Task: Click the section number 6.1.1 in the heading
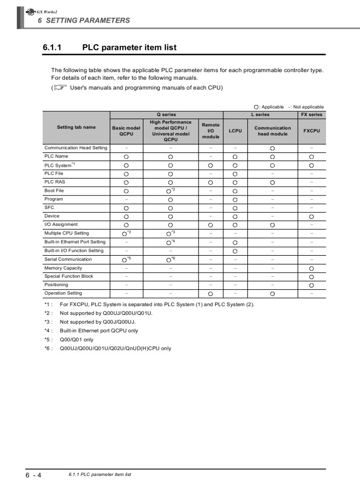pos(52,48)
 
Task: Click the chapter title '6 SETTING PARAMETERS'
pos(84,21)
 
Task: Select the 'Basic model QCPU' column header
pos(126,131)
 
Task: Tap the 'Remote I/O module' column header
pos(211,131)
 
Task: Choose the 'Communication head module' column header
pos(273,131)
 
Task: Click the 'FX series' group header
pos(312,115)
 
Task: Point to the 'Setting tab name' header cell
pos(76,127)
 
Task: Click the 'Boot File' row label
pos(54,190)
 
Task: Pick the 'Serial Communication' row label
pos(68,259)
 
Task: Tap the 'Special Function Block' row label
pos(69,276)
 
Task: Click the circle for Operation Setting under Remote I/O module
pos(211,294)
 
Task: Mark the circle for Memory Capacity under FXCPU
pos(312,269)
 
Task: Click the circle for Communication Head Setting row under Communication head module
pos(273,148)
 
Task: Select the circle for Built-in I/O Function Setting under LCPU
pos(235,251)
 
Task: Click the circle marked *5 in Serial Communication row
pos(125,260)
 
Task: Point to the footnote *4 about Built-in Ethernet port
pos(98,330)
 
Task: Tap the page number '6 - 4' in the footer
pos(33,475)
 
